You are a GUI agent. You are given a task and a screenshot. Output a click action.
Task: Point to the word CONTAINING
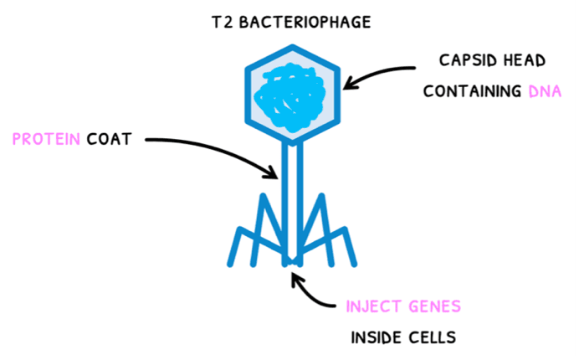point(471,91)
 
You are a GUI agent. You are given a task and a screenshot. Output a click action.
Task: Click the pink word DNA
point(544,91)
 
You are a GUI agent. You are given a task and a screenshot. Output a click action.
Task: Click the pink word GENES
point(433,306)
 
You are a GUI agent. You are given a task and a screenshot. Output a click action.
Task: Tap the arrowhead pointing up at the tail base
point(295,274)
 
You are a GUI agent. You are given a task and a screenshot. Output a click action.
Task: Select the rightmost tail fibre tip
point(355,264)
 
